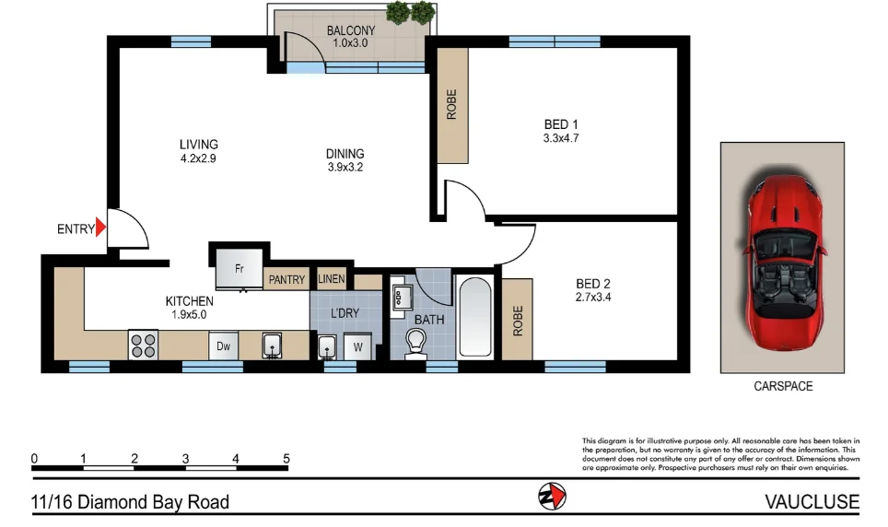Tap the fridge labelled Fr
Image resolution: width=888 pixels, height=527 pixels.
[x=239, y=269]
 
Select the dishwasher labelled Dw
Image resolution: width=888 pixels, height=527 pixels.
[x=223, y=346]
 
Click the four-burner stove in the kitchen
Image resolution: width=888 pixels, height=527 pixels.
[x=143, y=345]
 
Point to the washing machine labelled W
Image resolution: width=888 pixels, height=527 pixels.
[x=358, y=347]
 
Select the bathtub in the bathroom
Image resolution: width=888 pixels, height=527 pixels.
[x=474, y=316]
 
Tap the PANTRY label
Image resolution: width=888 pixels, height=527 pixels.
[x=287, y=280]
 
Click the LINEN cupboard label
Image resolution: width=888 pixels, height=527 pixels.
[x=332, y=279]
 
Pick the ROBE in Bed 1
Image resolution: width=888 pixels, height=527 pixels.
[x=451, y=103]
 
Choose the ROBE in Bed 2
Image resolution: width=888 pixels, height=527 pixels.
[x=518, y=320]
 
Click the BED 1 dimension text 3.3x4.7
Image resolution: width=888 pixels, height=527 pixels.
[x=560, y=139]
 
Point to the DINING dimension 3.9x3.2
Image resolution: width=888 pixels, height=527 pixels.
[x=345, y=168]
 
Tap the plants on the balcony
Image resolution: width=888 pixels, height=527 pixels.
[x=410, y=13]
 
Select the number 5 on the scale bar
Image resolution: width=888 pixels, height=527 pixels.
[x=286, y=458]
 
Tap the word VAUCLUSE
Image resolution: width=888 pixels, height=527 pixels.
[x=812, y=502]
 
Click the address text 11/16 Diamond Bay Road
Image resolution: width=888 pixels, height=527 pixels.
[x=130, y=502]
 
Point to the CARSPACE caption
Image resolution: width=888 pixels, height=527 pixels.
[x=782, y=387]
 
